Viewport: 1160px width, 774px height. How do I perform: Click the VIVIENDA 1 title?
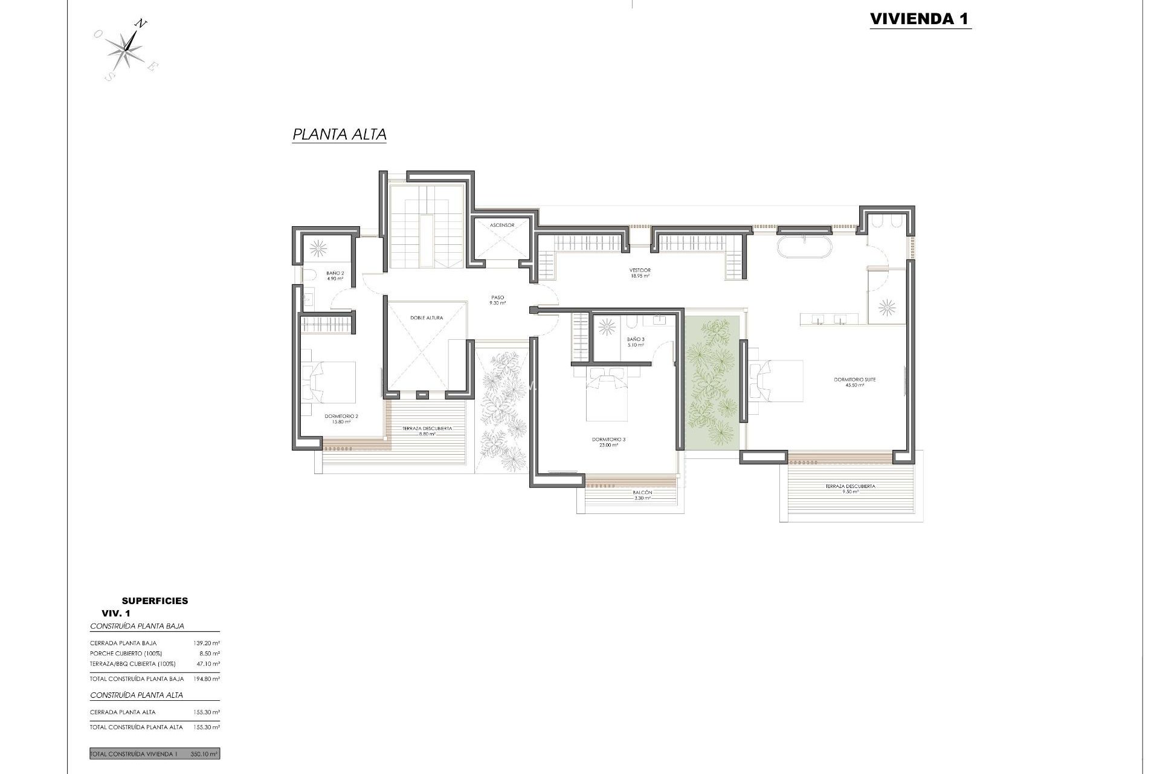[x=920, y=19]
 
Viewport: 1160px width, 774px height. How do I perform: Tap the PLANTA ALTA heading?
[x=339, y=134]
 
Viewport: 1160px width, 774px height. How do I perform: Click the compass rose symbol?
[x=127, y=50]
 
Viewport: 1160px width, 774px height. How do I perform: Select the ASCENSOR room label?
[x=502, y=225]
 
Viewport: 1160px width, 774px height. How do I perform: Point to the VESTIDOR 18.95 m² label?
[x=640, y=273]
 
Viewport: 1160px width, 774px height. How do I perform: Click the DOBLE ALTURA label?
[x=427, y=317]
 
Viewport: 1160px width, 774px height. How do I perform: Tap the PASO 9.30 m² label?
[x=498, y=300]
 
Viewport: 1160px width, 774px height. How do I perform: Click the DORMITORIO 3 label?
[x=605, y=442]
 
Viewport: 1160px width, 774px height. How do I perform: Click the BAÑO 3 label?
[x=636, y=342]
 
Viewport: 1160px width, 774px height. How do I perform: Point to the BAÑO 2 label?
[x=335, y=276]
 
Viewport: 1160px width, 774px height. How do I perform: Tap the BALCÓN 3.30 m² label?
[x=642, y=495]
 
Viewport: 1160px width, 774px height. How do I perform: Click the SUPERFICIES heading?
[x=155, y=600]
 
